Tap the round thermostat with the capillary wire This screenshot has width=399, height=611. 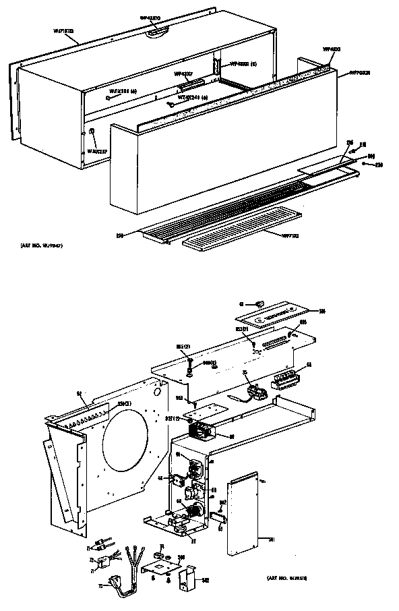(255, 389)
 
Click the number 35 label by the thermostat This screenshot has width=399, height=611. (245, 372)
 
